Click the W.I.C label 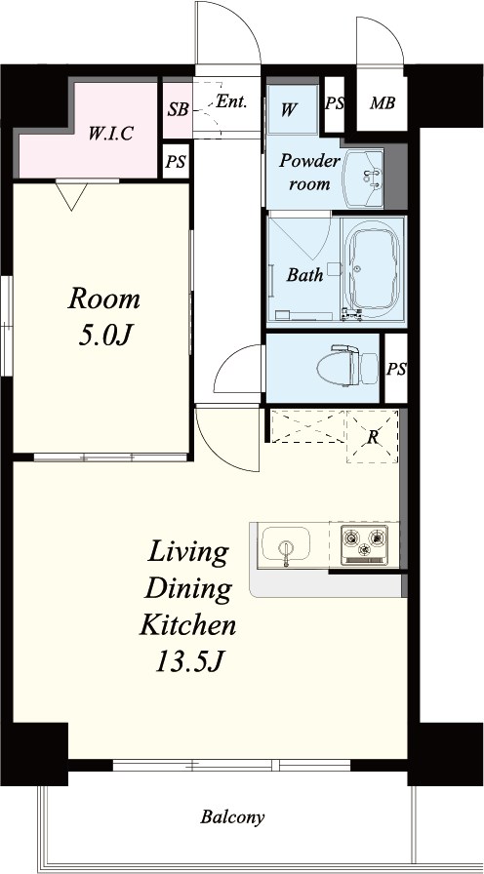point(111,134)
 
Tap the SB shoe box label point(178,109)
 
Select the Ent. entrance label point(231,102)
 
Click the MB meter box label point(383,103)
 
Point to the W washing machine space point(292,109)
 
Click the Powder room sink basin point(363,179)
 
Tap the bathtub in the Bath point(373,271)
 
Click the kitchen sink point(286,544)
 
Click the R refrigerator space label point(373,437)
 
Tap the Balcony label point(232,817)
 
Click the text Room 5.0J point(104,318)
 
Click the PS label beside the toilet point(396,369)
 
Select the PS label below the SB point(176,163)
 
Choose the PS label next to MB point(334,104)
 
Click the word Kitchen point(187,625)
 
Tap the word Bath point(305,274)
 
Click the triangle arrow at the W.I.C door point(71,196)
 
